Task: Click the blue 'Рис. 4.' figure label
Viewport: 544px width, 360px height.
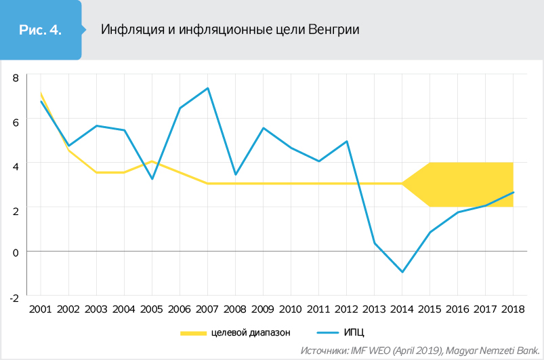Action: [40, 30]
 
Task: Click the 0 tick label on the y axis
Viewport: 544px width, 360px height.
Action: [16, 252]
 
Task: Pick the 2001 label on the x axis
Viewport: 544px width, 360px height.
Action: [41, 309]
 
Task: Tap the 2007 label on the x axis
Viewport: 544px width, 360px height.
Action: [207, 309]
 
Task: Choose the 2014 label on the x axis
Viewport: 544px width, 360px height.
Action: [402, 309]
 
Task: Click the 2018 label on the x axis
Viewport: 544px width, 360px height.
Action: [513, 309]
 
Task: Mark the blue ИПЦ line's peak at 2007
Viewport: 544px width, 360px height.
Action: [207, 88]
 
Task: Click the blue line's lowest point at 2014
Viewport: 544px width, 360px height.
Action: [402, 272]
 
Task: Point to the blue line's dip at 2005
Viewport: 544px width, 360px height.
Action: [152, 179]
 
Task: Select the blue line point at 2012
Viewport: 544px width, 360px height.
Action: [347, 141]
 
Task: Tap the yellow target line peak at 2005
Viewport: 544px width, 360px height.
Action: [152, 161]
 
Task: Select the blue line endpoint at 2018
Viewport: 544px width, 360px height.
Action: [513, 192]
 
